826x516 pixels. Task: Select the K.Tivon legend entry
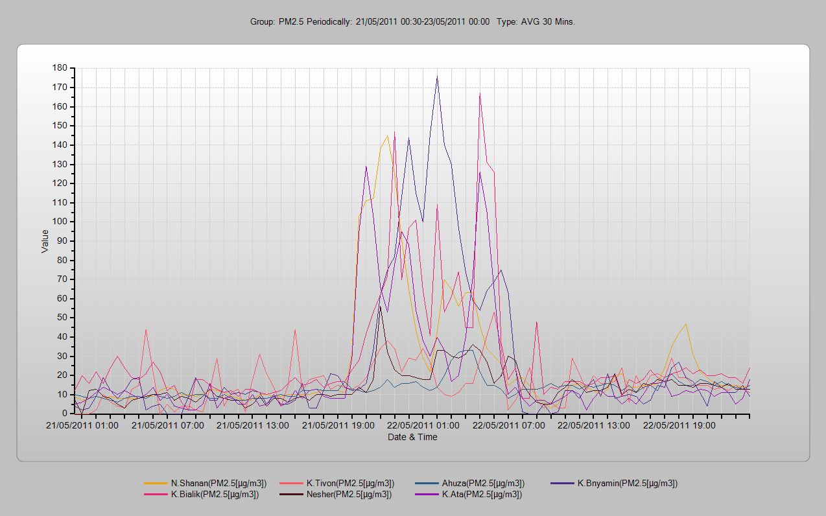(350, 483)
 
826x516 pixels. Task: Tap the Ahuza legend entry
(483, 483)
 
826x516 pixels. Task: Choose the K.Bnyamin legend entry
(627, 483)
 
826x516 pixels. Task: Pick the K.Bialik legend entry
(215, 495)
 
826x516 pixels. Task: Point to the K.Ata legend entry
(482, 495)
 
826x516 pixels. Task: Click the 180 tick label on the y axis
(60, 68)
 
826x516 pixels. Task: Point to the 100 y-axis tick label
(60, 222)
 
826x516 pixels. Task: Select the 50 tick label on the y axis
(62, 318)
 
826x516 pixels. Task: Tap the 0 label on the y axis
(65, 414)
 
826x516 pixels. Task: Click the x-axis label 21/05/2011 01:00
(82, 426)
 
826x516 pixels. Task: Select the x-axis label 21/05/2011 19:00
(338, 426)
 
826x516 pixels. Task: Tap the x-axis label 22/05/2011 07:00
(508, 426)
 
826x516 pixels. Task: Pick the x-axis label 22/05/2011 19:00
(679, 426)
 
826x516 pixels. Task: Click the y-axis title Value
(45, 241)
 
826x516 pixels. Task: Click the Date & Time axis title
(412, 437)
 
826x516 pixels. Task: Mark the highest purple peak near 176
(437, 76)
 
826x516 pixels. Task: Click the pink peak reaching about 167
(480, 94)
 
